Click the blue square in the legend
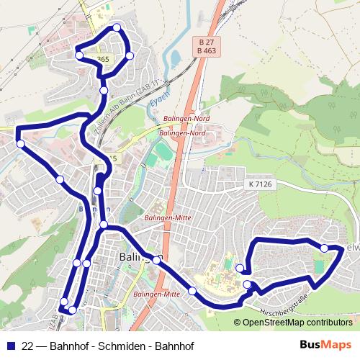(x=9, y=346)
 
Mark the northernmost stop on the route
(x=117, y=28)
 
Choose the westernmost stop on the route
(x=21, y=145)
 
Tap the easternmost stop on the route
(x=324, y=248)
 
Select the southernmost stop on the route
(x=72, y=310)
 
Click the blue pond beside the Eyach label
(x=174, y=57)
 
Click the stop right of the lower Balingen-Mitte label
(x=192, y=291)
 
